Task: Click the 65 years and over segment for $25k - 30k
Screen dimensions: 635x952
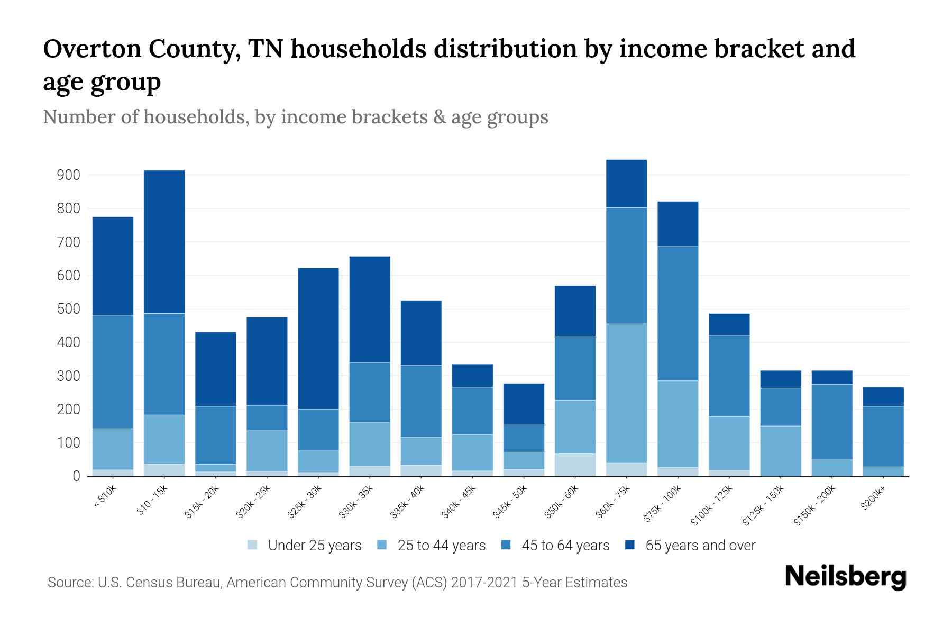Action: pyautogui.click(x=318, y=338)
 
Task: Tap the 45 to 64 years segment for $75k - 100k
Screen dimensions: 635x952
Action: pyautogui.click(x=678, y=313)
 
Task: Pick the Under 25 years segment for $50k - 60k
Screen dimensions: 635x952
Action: pyautogui.click(x=575, y=465)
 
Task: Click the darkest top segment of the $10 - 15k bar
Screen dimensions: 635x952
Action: pyautogui.click(x=164, y=242)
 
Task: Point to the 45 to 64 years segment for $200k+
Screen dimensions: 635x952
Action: pyautogui.click(x=883, y=436)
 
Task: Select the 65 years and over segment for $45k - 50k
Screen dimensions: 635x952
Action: pyautogui.click(x=524, y=404)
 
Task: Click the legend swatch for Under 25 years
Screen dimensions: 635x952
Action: pyautogui.click(x=252, y=545)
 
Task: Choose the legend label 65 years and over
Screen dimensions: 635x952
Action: pyautogui.click(x=700, y=546)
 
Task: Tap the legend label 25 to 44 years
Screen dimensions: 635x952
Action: pyautogui.click(x=441, y=546)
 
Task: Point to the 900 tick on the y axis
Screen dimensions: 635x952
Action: pyautogui.click(x=68, y=175)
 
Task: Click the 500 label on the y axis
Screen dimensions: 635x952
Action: pyautogui.click(x=68, y=309)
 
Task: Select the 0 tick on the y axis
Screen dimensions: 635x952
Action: pyautogui.click(x=76, y=476)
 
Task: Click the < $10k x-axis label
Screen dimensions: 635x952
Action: pyautogui.click(x=105, y=497)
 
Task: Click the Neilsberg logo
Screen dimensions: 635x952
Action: pyautogui.click(x=845, y=577)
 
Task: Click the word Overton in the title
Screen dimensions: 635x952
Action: pyautogui.click(x=91, y=49)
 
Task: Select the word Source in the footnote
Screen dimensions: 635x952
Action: pyautogui.click(x=69, y=583)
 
